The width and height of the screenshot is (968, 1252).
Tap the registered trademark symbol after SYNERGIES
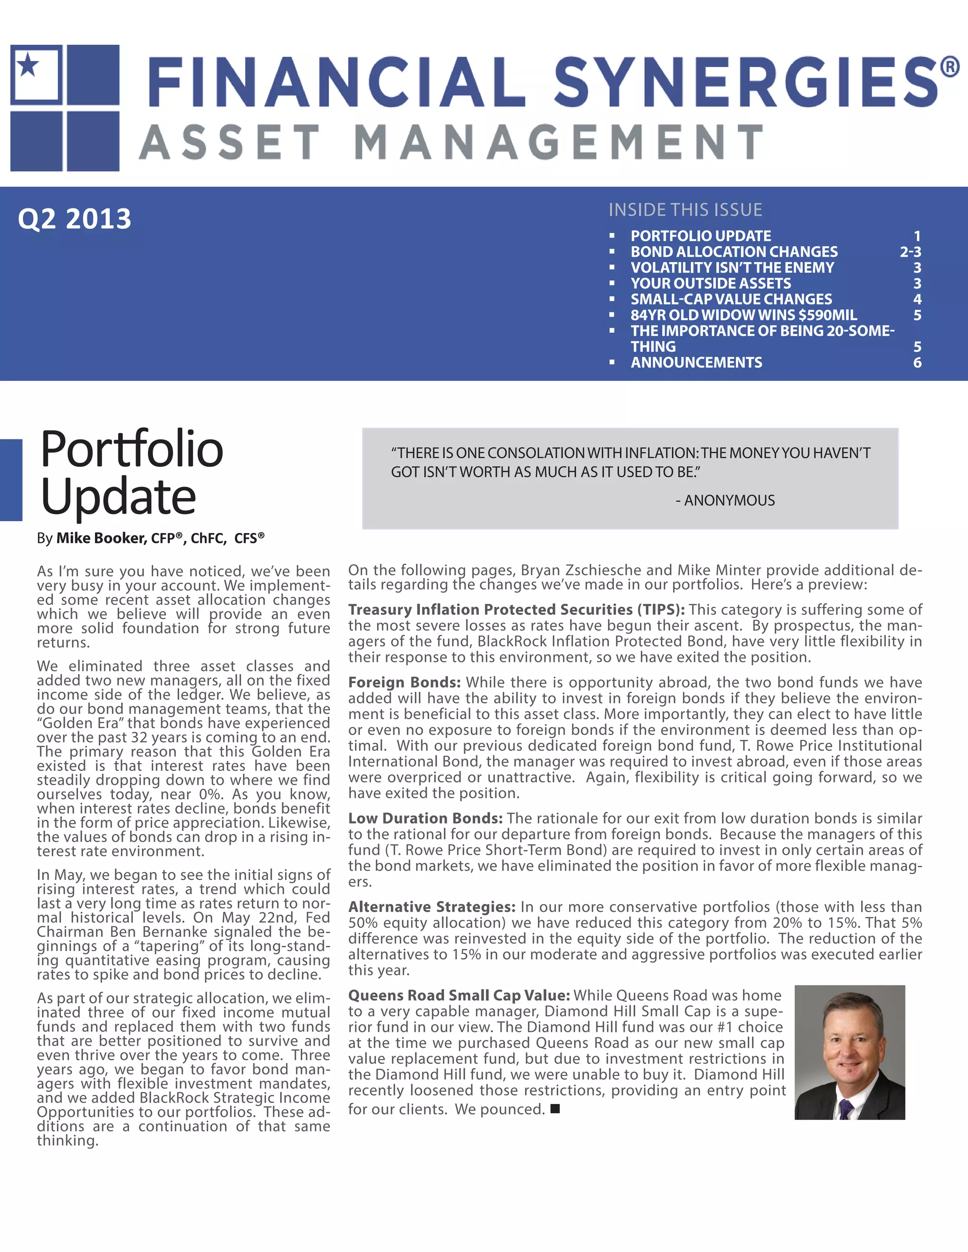[x=950, y=67]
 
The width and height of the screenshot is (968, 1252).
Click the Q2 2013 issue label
[x=75, y=218]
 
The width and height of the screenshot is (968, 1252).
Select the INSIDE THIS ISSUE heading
[x=685, y=210]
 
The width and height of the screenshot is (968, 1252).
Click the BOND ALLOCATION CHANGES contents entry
[x=734, y=252]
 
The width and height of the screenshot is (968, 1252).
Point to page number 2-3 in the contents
[x=910, y=252]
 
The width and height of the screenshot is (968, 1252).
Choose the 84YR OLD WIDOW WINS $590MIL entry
[x=744, y=315]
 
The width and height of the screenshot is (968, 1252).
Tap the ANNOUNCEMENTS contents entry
[x=696, y=362]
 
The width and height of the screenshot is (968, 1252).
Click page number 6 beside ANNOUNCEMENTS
[x=917, y=362]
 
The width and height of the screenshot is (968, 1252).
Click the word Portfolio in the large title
[x=131, y=449]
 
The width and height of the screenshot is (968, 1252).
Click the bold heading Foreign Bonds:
[x=404, y=682]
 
